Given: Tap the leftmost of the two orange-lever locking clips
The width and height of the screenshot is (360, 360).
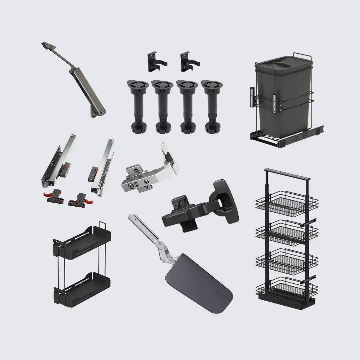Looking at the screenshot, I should [56, 196].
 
